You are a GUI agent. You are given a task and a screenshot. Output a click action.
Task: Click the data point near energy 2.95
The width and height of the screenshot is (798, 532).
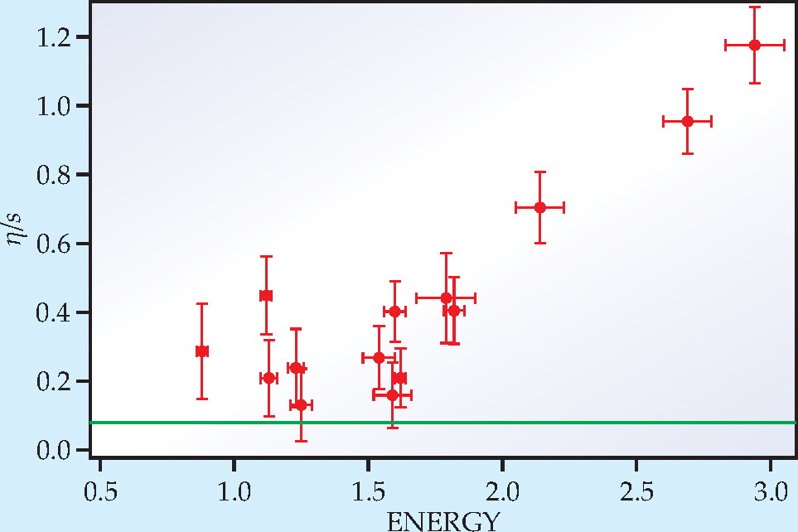pyautogui.click(x=755, y=46)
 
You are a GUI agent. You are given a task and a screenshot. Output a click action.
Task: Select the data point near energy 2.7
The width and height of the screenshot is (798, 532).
pyautogui.click(x=688, y=121)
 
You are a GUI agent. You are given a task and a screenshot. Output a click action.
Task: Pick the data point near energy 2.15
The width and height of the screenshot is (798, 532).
pyautogui.click(x=540, y=208)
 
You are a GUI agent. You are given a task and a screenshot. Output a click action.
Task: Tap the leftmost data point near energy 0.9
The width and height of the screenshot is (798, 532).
pyautogui.click(x=202, y=351)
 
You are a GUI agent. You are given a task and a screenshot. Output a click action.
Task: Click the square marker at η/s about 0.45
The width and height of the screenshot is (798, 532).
pyautogui.click(x=266, y=296)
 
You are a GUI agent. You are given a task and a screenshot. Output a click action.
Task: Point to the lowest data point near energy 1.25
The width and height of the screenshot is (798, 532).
pyautogui.click(x=301, y=405)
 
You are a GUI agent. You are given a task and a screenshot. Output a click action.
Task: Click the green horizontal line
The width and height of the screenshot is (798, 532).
pyautogui.click(x=443, y=423)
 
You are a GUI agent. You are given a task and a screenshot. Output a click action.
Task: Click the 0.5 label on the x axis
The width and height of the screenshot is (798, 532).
pyautogui.click(x=100, y=492)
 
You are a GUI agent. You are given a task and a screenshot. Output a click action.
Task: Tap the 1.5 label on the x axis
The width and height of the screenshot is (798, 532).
pyautogui.click(x=369, y=492)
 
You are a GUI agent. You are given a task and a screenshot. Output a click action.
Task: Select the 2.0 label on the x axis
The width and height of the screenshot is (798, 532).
pyautogui.click(x=502, y=492)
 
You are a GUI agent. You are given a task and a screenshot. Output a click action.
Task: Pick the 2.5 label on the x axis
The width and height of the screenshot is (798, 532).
pyautogui.click(x=636, y=492)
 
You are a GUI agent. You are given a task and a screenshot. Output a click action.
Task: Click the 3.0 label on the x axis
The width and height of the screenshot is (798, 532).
pyautogui.click(x=771, y=492)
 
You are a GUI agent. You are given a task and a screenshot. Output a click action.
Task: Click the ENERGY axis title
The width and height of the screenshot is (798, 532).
pyautogui.click(x=443, y=521)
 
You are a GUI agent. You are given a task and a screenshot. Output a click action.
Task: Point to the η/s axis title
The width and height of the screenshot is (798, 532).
pyautogui.click(x=15, y=229)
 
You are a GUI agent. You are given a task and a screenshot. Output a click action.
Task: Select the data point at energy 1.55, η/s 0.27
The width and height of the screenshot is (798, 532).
pyautogui.click(x=379, y=358)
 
